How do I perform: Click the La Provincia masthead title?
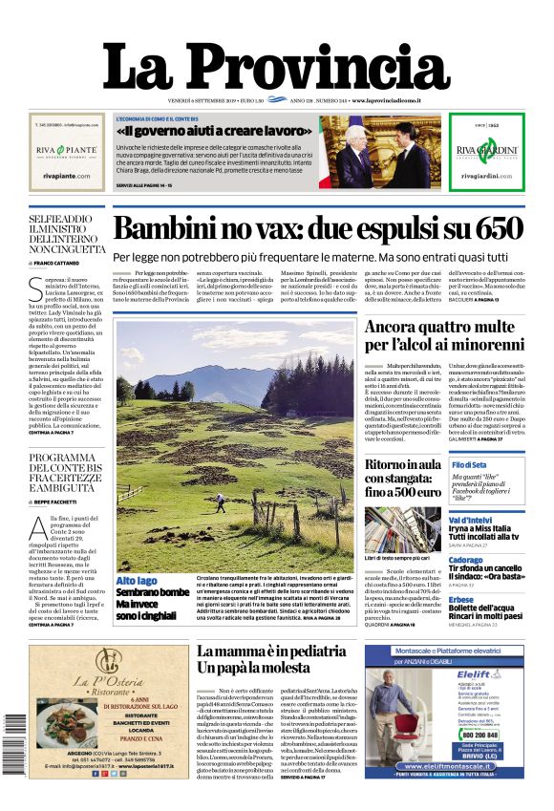(x=276, y=66)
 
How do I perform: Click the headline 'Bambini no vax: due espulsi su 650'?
(x=318, y=229)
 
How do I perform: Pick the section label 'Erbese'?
(x=461, y=600)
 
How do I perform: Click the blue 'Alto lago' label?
(x=137, y=581)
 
